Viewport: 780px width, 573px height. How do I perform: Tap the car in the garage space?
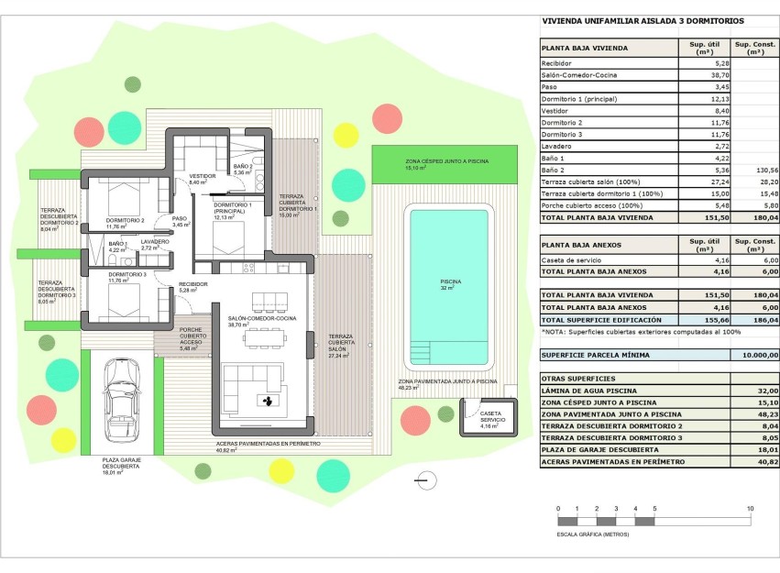point(122,397)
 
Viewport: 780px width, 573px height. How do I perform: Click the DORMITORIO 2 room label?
point(125,221)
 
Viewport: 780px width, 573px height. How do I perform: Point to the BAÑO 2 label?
point(242,168)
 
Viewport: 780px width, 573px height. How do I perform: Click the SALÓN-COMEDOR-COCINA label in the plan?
point(262,321)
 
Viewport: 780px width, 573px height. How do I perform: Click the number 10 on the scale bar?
point(750,509)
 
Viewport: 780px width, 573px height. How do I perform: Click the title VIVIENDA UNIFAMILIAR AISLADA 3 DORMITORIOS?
point(643,21)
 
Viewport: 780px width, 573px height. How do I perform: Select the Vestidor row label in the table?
point(556,110)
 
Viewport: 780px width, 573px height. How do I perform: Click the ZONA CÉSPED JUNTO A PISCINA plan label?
point(446,162)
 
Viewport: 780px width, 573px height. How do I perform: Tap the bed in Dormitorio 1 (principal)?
point(225,235)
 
